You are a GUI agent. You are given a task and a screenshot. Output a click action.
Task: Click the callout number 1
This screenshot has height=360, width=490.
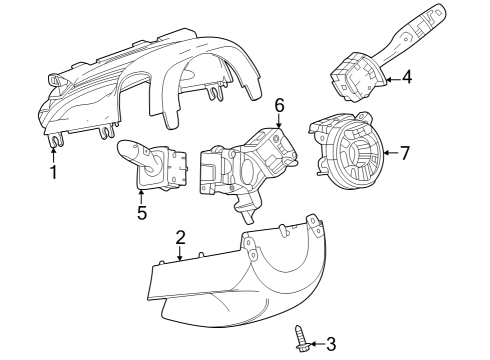click(53, 172)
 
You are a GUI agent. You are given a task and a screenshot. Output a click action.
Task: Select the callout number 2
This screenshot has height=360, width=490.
click(180, 237)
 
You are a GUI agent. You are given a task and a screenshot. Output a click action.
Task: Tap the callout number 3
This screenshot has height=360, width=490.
click(331, 345)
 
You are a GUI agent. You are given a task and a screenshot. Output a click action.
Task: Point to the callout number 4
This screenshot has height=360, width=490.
click(406, 77)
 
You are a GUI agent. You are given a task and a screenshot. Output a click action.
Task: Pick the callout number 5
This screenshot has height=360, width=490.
click(142, 212)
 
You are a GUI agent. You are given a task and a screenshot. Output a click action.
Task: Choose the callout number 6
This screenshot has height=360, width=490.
click(280, 104)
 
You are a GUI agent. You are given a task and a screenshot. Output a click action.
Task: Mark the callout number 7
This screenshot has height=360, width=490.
click(405, 153)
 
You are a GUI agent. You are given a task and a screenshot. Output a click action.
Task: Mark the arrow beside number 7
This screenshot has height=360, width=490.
click(390, 153)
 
